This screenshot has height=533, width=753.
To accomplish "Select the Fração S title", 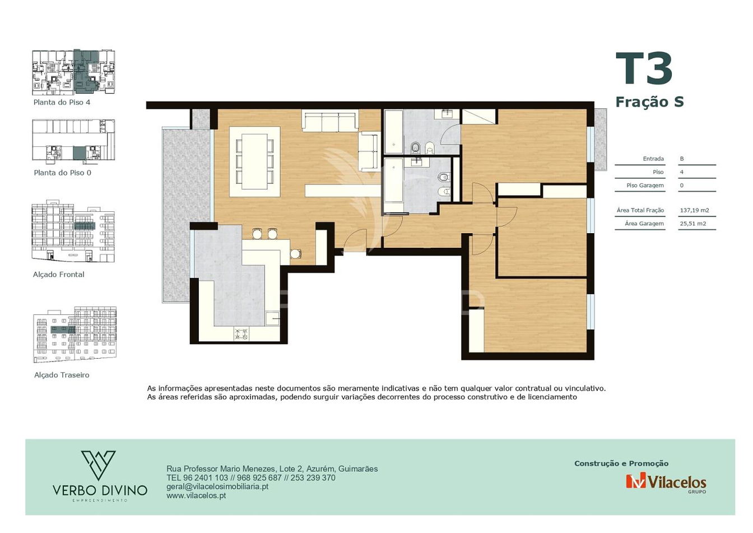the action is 649,102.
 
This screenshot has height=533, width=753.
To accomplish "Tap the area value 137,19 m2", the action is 695,211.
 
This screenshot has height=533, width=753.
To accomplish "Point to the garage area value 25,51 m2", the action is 693,224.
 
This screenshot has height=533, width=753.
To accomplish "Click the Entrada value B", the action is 682,159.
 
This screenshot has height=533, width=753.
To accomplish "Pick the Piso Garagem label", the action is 645,186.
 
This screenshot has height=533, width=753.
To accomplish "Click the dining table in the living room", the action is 255,161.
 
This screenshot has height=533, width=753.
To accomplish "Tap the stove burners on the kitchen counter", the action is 241,334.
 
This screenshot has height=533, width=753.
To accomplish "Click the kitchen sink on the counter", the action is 272,318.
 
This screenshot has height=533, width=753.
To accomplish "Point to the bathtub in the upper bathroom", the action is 394,132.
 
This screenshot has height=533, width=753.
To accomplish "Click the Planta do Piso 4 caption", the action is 62,102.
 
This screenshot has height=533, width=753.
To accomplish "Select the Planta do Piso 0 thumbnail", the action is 73,140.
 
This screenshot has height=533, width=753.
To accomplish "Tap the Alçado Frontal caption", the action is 58,275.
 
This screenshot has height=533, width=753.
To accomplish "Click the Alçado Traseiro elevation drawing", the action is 75,334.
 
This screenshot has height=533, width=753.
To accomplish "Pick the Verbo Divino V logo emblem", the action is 99,465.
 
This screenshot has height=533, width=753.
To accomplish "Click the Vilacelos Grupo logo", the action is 666,483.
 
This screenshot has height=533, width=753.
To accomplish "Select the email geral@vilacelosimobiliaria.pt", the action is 217,486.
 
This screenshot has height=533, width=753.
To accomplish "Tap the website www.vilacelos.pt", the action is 196,495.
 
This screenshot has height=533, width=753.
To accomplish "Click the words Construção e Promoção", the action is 621,464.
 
